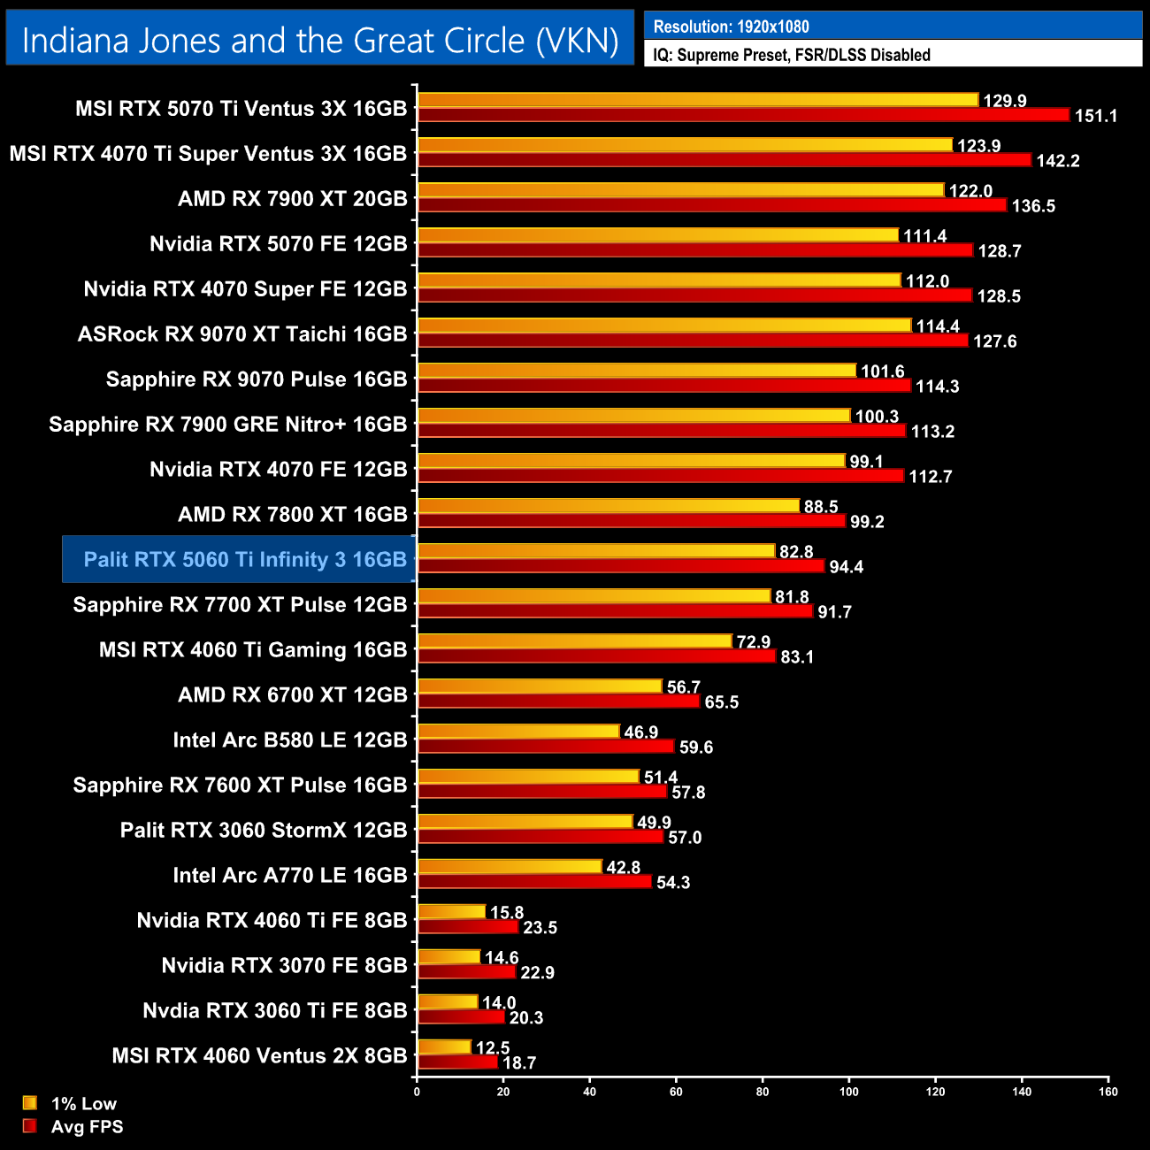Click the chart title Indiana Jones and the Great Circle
319,41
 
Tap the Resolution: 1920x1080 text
731,27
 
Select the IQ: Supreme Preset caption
791,55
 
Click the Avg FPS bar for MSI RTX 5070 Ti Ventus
743,115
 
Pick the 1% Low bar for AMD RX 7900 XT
680,190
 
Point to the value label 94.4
846,567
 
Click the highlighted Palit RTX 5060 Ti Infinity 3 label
245,560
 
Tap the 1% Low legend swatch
30,1103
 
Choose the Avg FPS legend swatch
30,1126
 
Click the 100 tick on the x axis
848,1092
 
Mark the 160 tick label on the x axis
1108,1092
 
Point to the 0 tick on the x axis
417,1092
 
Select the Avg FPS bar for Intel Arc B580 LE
546,747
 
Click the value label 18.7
519,1063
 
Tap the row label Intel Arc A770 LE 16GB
290,876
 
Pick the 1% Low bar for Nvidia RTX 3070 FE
448,957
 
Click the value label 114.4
938,326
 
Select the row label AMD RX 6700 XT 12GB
293,695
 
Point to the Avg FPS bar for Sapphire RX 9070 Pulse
663,386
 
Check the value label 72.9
754,642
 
